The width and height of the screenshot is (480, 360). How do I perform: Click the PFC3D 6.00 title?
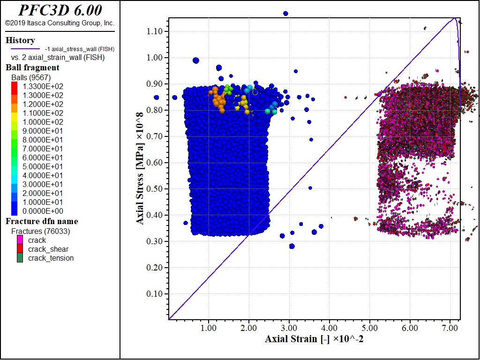60,10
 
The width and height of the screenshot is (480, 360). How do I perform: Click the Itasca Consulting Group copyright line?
60,23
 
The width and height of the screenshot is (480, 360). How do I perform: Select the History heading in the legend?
20,40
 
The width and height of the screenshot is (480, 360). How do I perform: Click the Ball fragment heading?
32,67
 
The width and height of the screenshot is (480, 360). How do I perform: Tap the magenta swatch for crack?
20,240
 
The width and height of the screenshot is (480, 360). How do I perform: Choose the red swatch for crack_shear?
20,249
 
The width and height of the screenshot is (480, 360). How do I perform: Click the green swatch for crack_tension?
20,258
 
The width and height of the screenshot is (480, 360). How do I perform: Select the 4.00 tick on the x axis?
329,327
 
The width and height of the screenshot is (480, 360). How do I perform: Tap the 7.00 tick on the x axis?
450,327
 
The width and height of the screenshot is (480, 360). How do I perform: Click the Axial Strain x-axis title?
314,339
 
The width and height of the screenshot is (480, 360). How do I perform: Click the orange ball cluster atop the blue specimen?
218,97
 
